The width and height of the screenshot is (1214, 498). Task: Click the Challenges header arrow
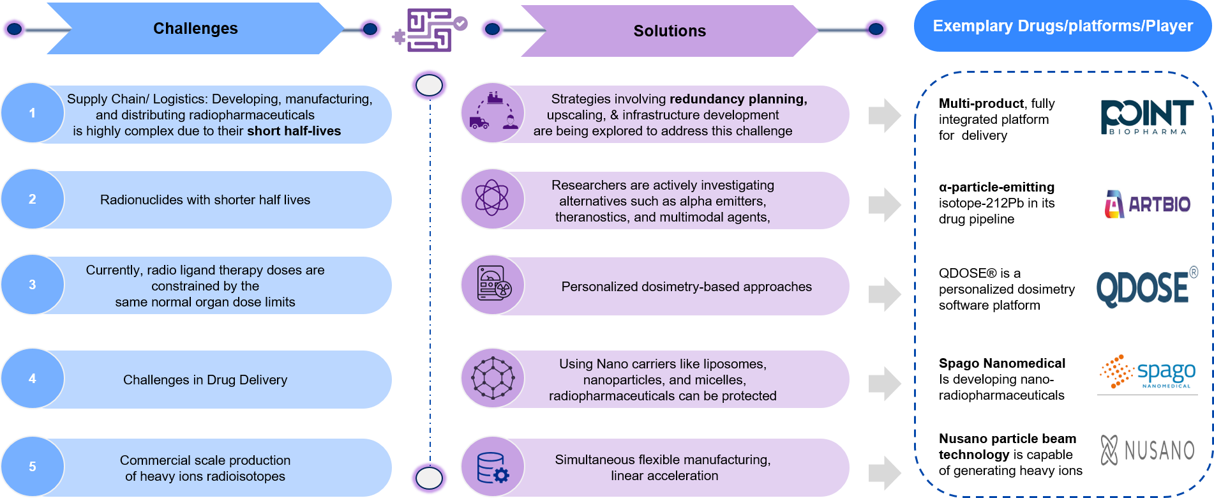coord(195,29)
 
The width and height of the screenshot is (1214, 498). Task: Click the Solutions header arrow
coord(669,31)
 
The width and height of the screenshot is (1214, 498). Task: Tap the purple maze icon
coord(430,30)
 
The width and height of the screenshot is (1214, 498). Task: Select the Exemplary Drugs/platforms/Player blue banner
coord(1062,26)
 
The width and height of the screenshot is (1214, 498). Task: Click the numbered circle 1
coord(32,113)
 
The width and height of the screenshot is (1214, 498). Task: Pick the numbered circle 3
coord(32,285)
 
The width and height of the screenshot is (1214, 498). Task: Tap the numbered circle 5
coord(32,467)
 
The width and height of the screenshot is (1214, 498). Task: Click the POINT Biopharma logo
coord(1147,117)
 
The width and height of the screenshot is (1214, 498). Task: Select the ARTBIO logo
coord(1147,205)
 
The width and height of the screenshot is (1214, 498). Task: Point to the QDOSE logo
coord(1147,285)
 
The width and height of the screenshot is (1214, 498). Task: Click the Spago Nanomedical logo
coord(1147,372)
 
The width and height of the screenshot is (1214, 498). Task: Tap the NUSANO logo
coord(1147,450)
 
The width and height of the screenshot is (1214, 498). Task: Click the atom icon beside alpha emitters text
coord(492,199)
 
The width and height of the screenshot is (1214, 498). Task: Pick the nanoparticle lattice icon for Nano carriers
coord(492,378)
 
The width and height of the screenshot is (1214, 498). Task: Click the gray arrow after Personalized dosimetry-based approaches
coord(885,294)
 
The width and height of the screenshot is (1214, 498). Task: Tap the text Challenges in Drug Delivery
coord(205,380)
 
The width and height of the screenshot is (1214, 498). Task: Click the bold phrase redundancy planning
coord(738,99)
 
